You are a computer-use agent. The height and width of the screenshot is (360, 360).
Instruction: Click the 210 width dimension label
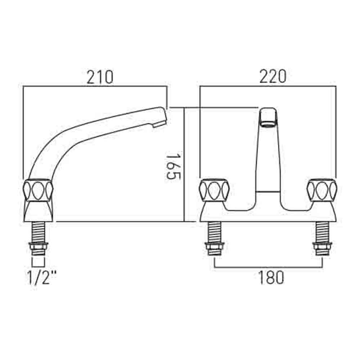100,77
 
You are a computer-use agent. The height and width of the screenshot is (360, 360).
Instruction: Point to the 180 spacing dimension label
271,277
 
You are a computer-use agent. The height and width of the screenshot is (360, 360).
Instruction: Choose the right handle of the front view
322,190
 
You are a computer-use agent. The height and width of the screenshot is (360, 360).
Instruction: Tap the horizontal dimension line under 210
95,86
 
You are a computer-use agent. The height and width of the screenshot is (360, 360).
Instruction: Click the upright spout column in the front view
268,158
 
